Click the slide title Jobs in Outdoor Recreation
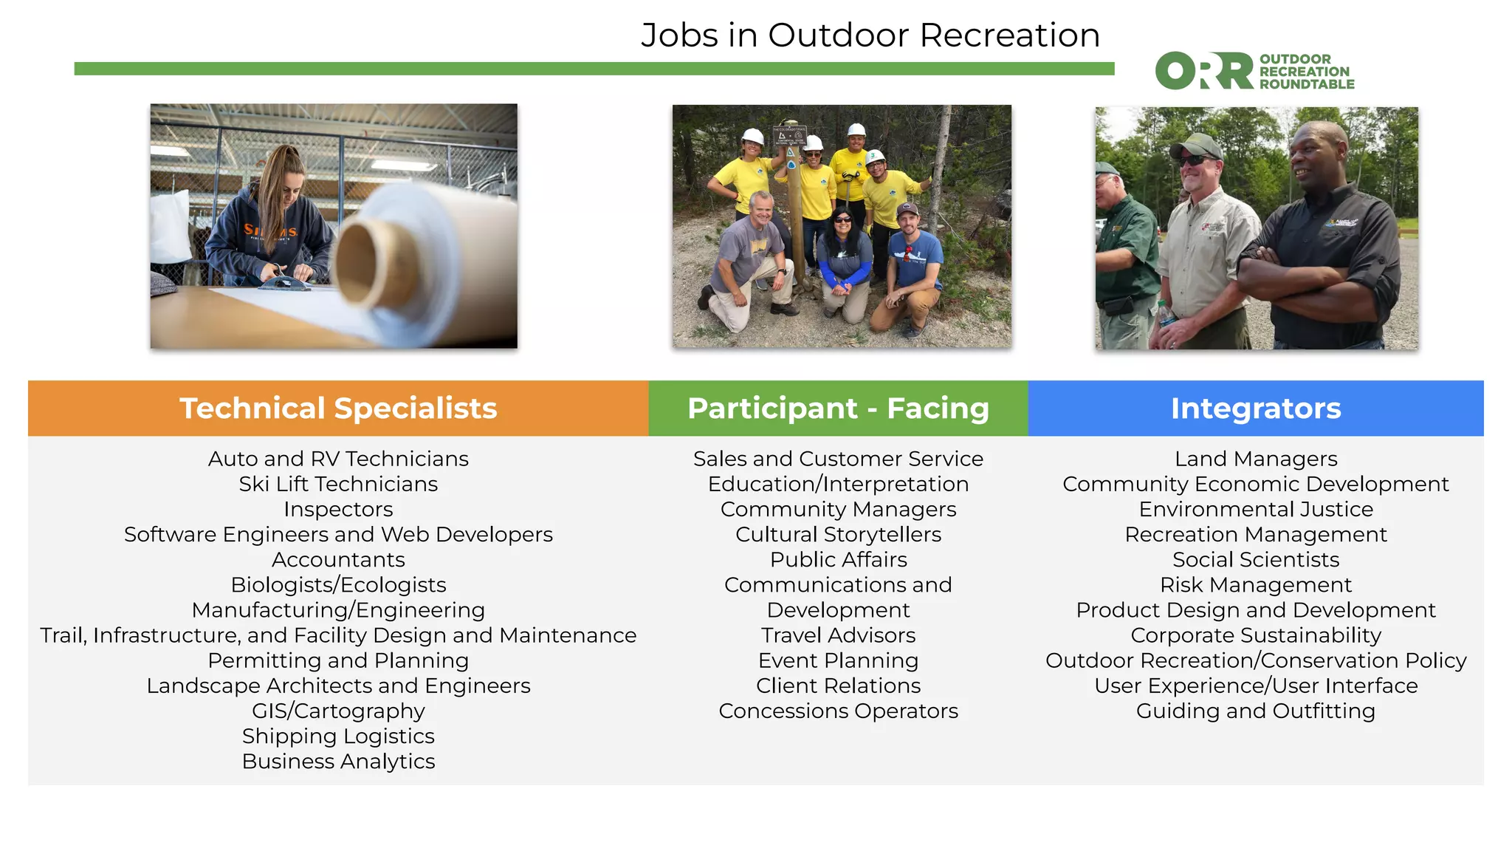click(x=870, y=35)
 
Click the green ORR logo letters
click(x=1204, y=71)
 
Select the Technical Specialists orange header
click(x=338, y=409)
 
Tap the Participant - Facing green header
click(x=838, y=409)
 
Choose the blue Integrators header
click(x=1255, y=409)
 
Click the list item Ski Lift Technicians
click(x=338, y=484)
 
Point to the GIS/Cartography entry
click(x=338, y=711)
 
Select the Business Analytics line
click(x=338, y=761)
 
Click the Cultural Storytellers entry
click(x=838, y=534)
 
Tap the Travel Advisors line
click(x=838, y=635)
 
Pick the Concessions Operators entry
click(x=838, y=711)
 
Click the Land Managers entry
click(x=1255, y=459)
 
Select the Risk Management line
click(x=1255, y=585)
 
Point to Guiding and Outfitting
click(x=1255, y=711)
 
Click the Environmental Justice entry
click(x=1255, y=509)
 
